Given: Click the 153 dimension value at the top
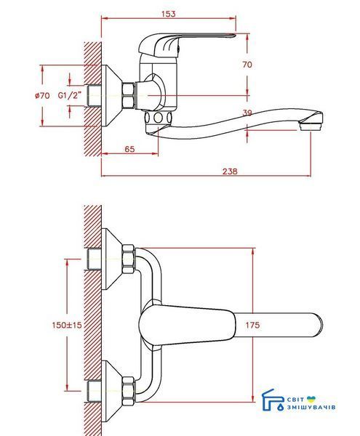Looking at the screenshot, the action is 169,14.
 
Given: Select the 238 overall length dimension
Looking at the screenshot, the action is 230,171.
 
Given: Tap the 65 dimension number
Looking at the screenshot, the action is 129,149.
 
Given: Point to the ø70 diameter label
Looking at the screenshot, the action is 42,96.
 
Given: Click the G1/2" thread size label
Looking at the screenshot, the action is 70,95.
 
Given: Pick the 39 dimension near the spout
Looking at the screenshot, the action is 247,113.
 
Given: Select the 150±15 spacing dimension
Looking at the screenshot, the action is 67,325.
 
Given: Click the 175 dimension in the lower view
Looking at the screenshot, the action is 252,325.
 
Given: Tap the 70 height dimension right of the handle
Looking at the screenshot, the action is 247,65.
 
